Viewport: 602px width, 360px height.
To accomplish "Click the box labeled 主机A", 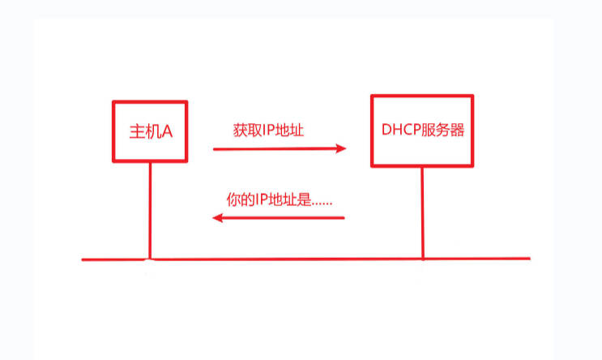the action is tap(150, 131).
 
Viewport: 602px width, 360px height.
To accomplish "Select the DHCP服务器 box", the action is tap(422, 131).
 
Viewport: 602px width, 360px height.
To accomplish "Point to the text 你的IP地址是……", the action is tap(280, 199).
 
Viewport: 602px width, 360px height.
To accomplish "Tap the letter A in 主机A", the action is tap(168, 131).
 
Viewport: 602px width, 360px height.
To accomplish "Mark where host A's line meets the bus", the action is tap(150, 259).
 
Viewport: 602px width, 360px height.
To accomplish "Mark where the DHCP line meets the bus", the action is tap(422, 259).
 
